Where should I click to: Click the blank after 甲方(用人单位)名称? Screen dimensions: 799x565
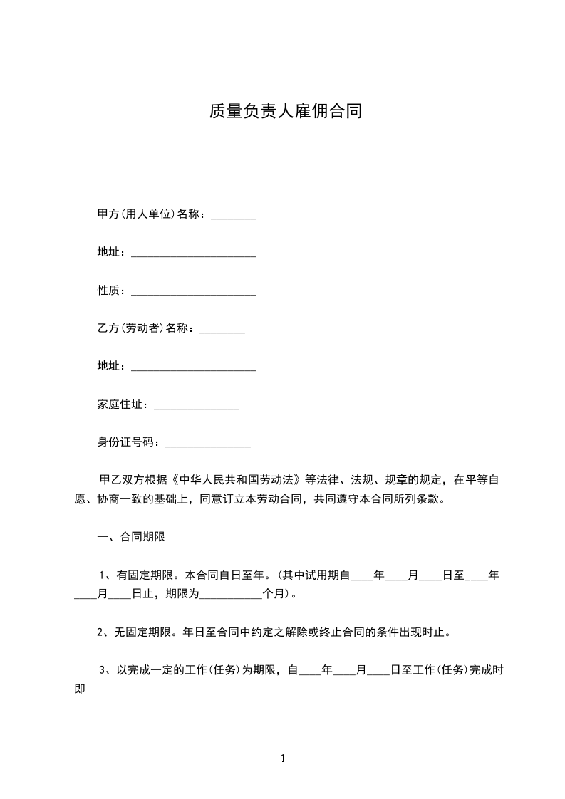coord(234,216)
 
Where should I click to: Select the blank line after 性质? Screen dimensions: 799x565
coord(194,292)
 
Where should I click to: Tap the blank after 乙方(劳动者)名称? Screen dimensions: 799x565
coord(222,330)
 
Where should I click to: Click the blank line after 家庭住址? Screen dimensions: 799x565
coord(197,406)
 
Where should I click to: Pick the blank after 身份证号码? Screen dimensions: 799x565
coord(208,444)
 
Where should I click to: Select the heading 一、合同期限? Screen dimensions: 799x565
coord(131,537)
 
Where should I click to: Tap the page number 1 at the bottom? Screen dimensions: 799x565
coord(283,759)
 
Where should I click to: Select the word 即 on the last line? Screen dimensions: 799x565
coord(80,689)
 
